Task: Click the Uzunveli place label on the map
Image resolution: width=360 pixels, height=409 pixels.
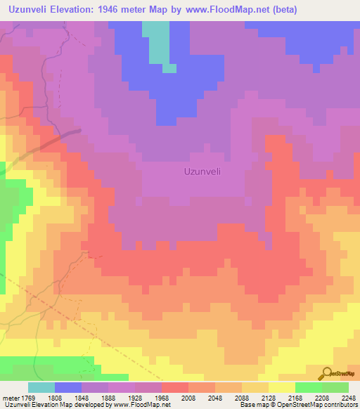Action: pyautogui.click(x=203, y=171)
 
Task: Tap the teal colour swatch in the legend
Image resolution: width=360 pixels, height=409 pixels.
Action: pyautogui.click(x=41, y=387)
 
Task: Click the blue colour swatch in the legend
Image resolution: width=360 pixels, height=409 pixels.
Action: pyautogui.click(x=68, y=387)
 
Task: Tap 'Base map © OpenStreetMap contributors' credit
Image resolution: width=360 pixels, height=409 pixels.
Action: pyautogui.click(x=298, y=405)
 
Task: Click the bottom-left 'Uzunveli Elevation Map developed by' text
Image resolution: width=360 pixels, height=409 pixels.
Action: pyautogui.click(x=42, y=405)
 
